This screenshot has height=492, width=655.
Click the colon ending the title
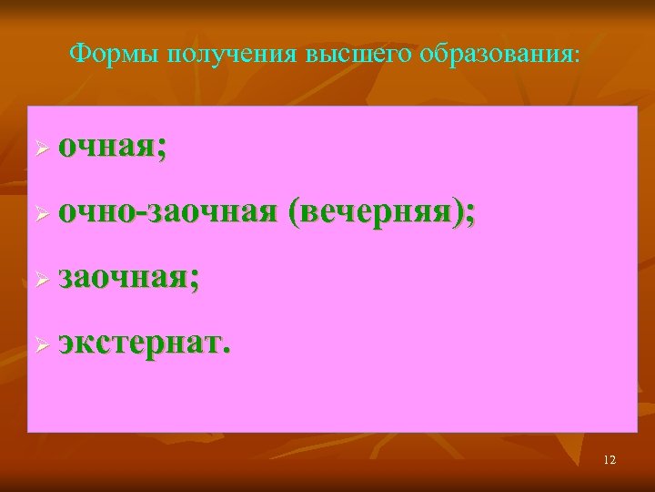coord(576,56)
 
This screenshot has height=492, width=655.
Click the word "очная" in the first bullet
coord(106,147)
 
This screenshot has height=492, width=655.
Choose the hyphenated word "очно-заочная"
coord(167,212)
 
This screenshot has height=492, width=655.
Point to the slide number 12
coord(610,460)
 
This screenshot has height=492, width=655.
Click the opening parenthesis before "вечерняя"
coord(292,213)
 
